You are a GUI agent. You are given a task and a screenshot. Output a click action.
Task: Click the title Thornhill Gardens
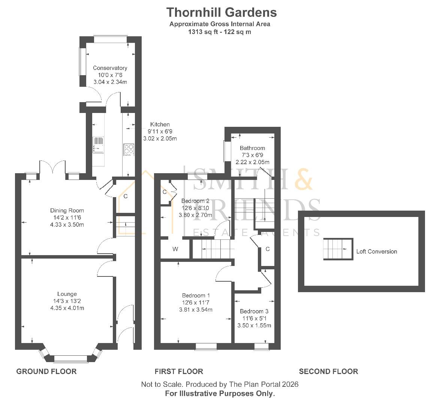click(x=221, y=12)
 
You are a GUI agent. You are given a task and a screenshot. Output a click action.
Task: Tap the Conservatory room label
click(x=110, y=68)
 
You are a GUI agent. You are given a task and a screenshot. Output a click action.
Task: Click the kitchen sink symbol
click(x=98, y=145)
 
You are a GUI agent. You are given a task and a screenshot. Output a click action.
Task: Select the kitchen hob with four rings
click(x=128, y=149)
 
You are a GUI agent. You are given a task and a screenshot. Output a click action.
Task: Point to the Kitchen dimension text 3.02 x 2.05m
click(x=160, y=138)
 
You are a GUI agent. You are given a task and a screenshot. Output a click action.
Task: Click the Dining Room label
click(x=67, y=211)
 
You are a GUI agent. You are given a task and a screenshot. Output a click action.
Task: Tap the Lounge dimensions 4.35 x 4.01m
click(x=67, y=308)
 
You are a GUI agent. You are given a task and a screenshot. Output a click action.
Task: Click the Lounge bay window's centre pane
click(x=71, y=359)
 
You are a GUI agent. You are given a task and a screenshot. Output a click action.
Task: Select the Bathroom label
click(x=252, y=148)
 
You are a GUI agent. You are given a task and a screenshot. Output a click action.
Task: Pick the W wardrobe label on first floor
click(x=175, y=249)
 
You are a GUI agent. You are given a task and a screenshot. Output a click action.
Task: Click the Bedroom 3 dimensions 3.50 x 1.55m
click(x=254, y=325)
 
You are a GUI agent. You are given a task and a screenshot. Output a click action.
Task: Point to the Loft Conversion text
click(x=376, y=251)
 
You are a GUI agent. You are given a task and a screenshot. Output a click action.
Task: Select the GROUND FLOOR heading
click(x=46, y=371)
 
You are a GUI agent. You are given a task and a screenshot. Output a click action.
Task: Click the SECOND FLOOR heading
click(x=328, y=371)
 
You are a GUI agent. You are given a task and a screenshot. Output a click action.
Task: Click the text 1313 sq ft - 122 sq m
click(x=220, y=32)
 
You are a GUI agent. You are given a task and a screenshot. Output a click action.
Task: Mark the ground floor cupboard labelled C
click(x=126, y=196)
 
